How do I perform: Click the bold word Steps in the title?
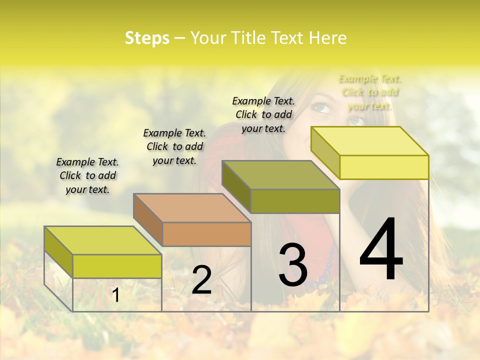click(147, 38)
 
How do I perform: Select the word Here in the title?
click(327, 38)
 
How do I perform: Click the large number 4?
click(381, 250)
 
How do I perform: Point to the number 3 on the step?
click(293, 265)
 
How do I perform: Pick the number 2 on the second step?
click(201, 280)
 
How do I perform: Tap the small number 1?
click(116, 295)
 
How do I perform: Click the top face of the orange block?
click(192, 207)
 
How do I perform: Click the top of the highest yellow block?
click(369, 141)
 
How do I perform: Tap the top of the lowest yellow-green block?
click(103, 240)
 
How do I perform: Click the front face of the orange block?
click(206, 234)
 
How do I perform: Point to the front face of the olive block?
click(295, 201)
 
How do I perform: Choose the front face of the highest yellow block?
click(384, 167)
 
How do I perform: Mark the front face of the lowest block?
click(117, 266)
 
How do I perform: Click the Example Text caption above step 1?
click(87, 175)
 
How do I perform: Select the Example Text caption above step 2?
click(174, 146)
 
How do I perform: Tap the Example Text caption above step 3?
click(263, 114)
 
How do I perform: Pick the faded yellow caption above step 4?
click(370, 92)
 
